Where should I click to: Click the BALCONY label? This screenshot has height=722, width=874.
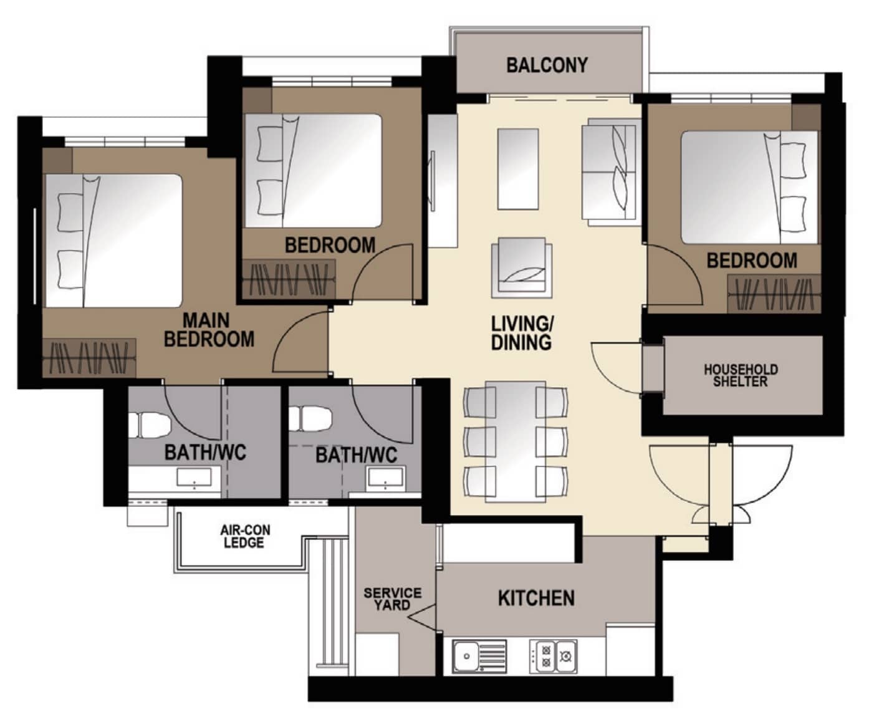click(547, 65)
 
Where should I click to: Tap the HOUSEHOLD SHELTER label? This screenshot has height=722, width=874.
click(741, 376)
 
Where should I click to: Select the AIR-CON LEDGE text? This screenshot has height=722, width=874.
click(245, 536)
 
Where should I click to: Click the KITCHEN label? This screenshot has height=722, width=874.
click(536, 599)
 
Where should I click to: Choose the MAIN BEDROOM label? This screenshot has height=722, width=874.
click(208, 330)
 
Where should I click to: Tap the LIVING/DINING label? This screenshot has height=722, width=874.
click(522, 334)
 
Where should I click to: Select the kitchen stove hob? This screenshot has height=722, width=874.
click(554, 657)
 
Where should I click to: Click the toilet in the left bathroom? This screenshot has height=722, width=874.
click(150, 425)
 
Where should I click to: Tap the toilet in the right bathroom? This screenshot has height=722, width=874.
click(310, 418)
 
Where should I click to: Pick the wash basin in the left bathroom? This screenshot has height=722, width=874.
click(194, 478)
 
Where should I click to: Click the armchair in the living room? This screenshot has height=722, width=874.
click(522, 267)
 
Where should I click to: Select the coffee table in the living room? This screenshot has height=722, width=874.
click(518, 169)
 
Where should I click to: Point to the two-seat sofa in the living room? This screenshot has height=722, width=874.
click(612, 172)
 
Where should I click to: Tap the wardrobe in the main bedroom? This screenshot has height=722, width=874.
click(89, 357)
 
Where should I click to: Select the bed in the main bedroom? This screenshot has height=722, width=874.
click(113, 241)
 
